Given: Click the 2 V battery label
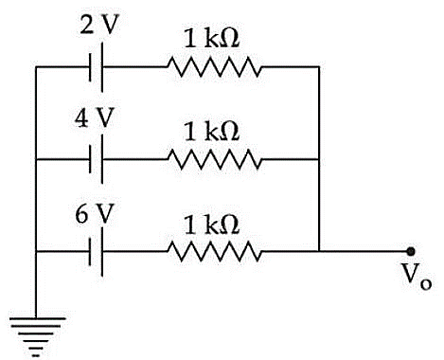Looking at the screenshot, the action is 98,25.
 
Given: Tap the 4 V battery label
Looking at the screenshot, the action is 94,117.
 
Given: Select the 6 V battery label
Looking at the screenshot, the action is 94,213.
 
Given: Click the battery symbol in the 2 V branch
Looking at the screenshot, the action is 97,67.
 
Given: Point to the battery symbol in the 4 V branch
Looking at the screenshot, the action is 97,159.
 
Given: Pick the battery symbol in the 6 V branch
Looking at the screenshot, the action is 97,251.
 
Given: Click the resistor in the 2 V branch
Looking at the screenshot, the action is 214,67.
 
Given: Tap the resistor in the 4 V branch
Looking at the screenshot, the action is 214,159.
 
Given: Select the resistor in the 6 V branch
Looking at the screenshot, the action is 214,251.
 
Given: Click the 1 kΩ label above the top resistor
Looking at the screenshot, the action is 212,38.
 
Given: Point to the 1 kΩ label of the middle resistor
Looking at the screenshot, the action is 212,131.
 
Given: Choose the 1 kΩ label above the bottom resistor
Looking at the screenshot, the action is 212,225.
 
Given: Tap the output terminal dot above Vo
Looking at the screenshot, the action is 411,251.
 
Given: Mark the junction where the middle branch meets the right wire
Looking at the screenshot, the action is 319,159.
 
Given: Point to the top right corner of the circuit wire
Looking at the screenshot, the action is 319,67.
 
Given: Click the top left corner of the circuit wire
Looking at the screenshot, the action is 36,67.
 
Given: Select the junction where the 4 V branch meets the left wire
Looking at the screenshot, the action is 36,159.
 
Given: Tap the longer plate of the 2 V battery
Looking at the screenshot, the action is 101,67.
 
